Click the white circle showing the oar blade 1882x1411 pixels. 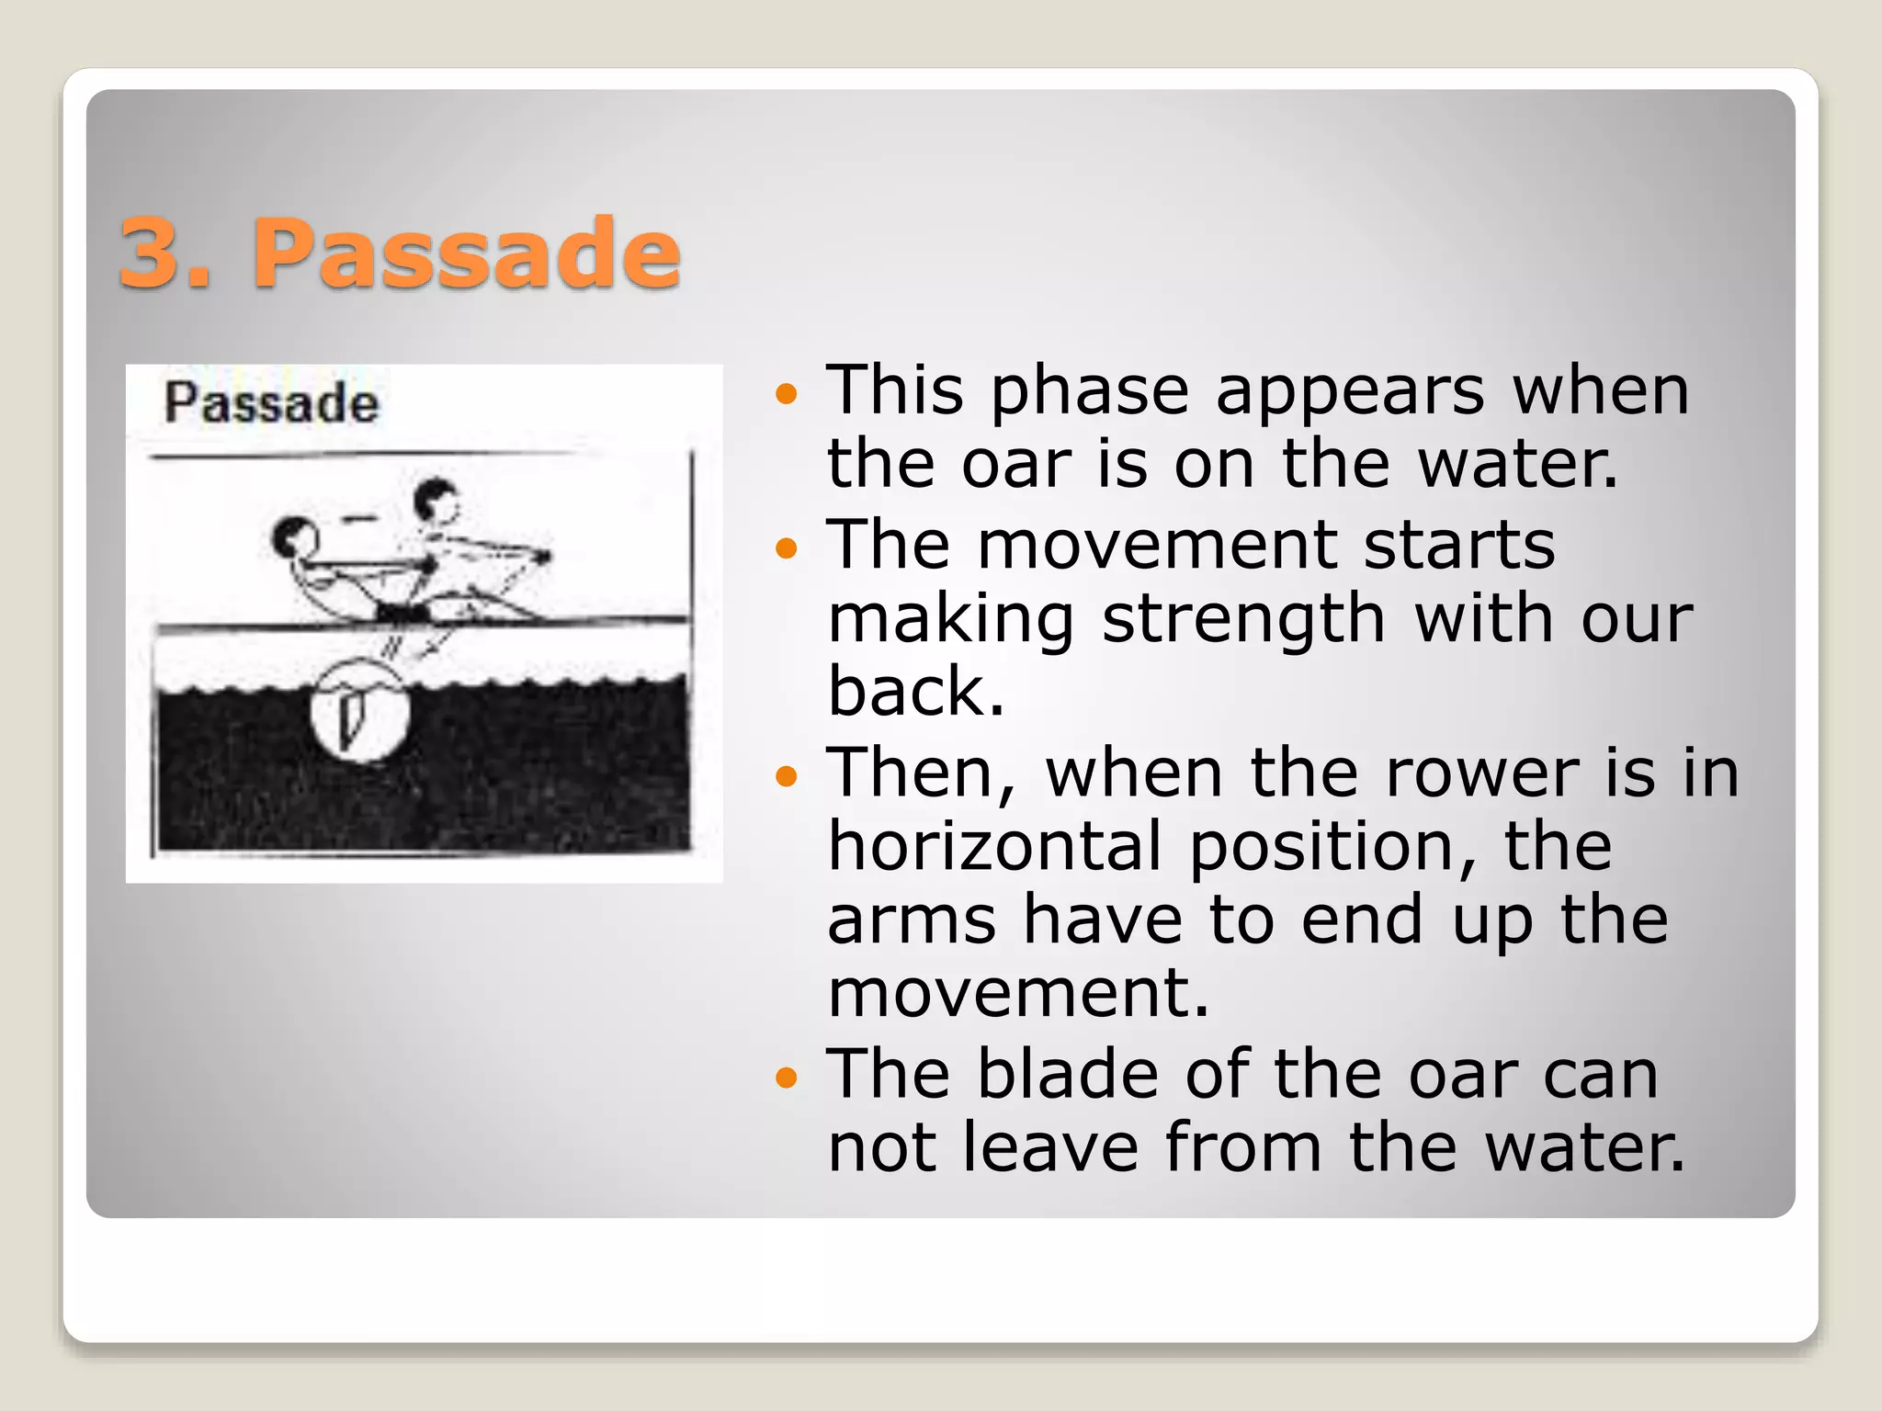point(358,713)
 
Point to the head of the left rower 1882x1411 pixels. point(293,536)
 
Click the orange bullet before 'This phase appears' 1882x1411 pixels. point(786,395)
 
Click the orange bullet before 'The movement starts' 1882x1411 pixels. point(786,549)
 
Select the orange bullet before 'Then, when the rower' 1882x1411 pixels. point(786,777)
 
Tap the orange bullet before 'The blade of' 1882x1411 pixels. point(786,1077)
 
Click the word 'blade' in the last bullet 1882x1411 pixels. point(1067,1074)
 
